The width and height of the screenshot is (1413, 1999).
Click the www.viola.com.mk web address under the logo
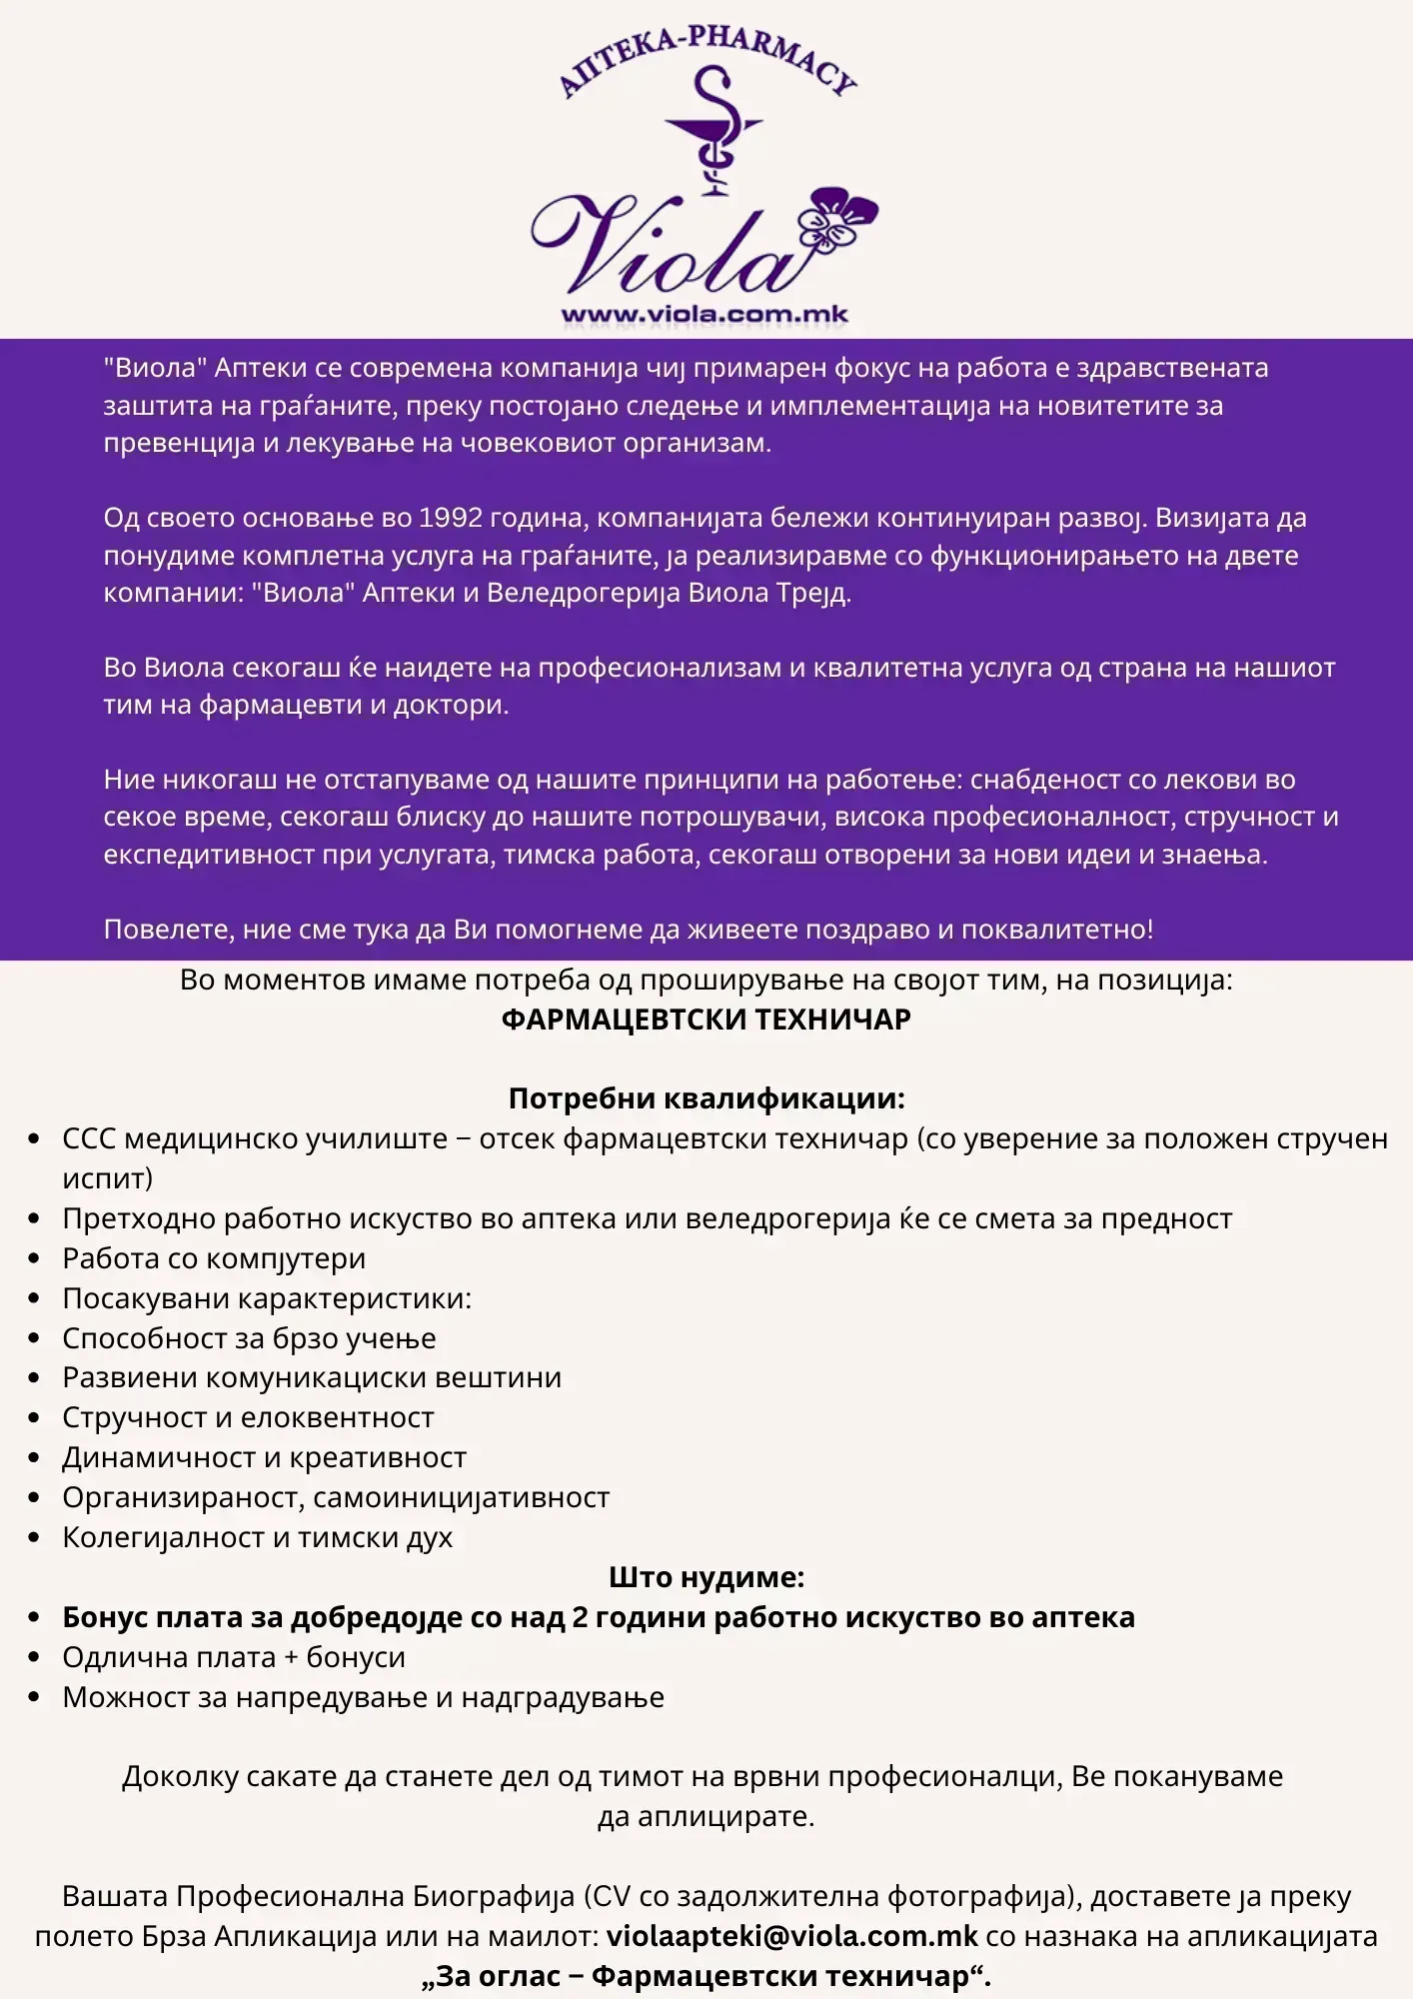[x=705, y=315]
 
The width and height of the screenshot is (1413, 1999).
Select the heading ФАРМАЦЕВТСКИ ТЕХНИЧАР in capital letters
[x=706, y=1019]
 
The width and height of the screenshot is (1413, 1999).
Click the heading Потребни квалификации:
[x=706, y=1098]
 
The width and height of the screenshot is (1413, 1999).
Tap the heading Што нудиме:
[x=706, y=1577]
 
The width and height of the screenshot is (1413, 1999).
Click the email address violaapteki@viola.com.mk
[x=792, y=1936]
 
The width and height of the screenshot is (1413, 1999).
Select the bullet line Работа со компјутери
[x=214, y=1258]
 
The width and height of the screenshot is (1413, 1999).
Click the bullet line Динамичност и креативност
[x=264, y=1457]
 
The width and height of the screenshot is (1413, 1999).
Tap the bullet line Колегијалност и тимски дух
[x=257, y=1537]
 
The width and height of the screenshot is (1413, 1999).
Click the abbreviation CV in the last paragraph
[x=611, y=1896]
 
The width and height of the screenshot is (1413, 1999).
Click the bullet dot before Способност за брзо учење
[x=35, y=1338]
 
